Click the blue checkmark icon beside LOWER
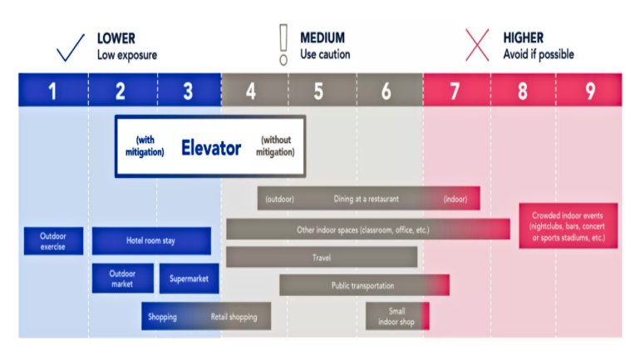click(x=70, y=47)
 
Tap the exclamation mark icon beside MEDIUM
click(x=283, y=45)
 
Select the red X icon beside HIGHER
click(x=477, y=45)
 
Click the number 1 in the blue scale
click(x=52, y=91)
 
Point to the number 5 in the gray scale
click(x=318, y=91)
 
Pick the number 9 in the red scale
click(x=590, y=91)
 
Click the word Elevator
click(x=211, y=147)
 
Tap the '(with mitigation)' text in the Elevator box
click(x=145, y=145)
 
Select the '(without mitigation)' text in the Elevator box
click(x=275, y=145)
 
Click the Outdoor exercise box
click(x=53, y=241)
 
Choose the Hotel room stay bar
click(x=151, y=241)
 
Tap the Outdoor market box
click(x=123, y=279)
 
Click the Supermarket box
click(x=189, y=279)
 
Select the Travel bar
click(x=322, y=257)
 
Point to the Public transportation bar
click(x=365, y=285)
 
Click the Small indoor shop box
click(x=397, y=316)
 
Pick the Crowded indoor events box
click(x=569, y=225)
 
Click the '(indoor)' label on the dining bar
click(x=455, y=200)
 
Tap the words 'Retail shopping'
click(x=234, y=317)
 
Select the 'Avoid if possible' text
click(x=539, y=54)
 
